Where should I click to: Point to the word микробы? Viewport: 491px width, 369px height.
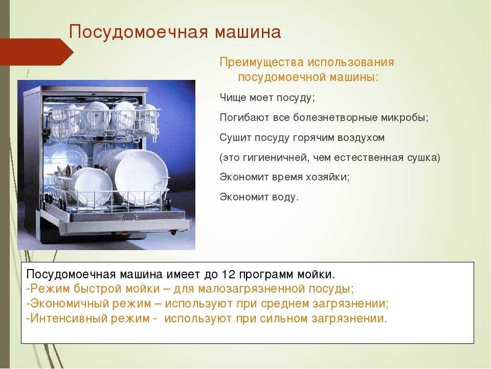pos(405,118)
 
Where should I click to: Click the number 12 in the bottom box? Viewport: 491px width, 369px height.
pos(228,274)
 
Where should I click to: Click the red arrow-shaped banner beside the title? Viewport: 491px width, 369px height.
pos(36,52)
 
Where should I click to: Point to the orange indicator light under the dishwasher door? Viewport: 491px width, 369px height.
pos(124,234)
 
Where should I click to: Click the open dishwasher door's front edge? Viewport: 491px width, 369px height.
pos(125,227)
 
